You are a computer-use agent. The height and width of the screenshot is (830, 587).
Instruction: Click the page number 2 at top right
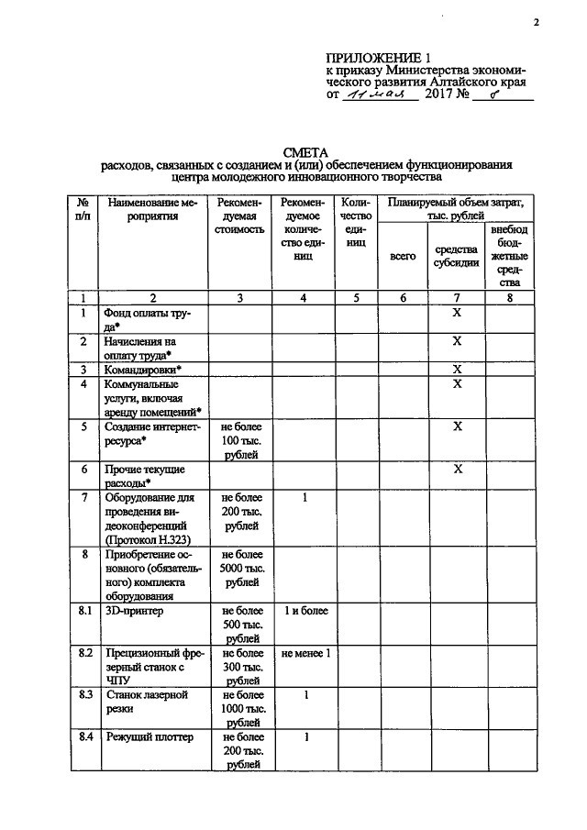[537, 24]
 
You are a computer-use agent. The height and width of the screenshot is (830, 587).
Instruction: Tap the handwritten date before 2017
[378, 94]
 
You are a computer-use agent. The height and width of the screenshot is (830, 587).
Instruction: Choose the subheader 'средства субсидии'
[456, 256]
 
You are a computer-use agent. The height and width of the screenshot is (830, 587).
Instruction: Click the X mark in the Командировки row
[457, 369]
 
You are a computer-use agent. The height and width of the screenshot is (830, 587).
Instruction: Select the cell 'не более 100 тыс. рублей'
[240, 440]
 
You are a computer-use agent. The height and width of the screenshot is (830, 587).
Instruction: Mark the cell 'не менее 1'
[305, 653]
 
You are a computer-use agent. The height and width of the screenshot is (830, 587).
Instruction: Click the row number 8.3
[83, 695]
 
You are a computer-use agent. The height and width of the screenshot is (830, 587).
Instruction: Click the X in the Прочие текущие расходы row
[457, 468]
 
